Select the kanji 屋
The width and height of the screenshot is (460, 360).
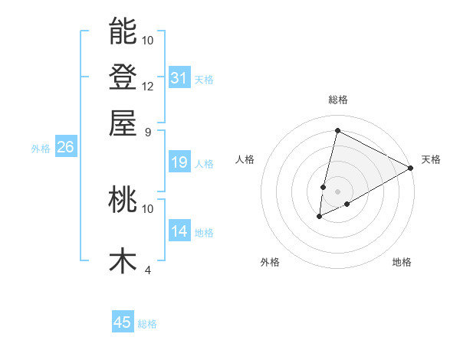click(x=123, y=123)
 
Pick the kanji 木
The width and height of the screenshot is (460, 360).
click(x=123, y=260)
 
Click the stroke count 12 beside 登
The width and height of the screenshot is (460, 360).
click(x=148, y=86)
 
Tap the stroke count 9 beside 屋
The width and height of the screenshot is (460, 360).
click(x=148, y=131)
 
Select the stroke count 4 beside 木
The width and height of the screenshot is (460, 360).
click(x=148, y=270)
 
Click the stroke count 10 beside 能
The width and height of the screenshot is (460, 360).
click(x=148, y=40)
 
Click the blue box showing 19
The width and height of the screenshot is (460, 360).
click(x=179, y=162)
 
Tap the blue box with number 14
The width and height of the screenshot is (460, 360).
click(x=179, y=231)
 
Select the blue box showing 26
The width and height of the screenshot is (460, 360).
click(x=65, y=148)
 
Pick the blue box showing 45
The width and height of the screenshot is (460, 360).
click(x=123, y=322)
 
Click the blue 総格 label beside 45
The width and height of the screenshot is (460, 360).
click(x=148, y=324)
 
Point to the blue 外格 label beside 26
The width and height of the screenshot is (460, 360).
click(x=41, y=149)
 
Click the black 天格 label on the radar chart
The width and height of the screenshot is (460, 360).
click(x=431, y=159)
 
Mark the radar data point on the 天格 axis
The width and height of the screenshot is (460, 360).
click(x=411, y=168)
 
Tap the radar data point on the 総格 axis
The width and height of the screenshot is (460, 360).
click(x=337, y=131)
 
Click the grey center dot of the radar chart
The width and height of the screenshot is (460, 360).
click(x=337, y=191)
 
